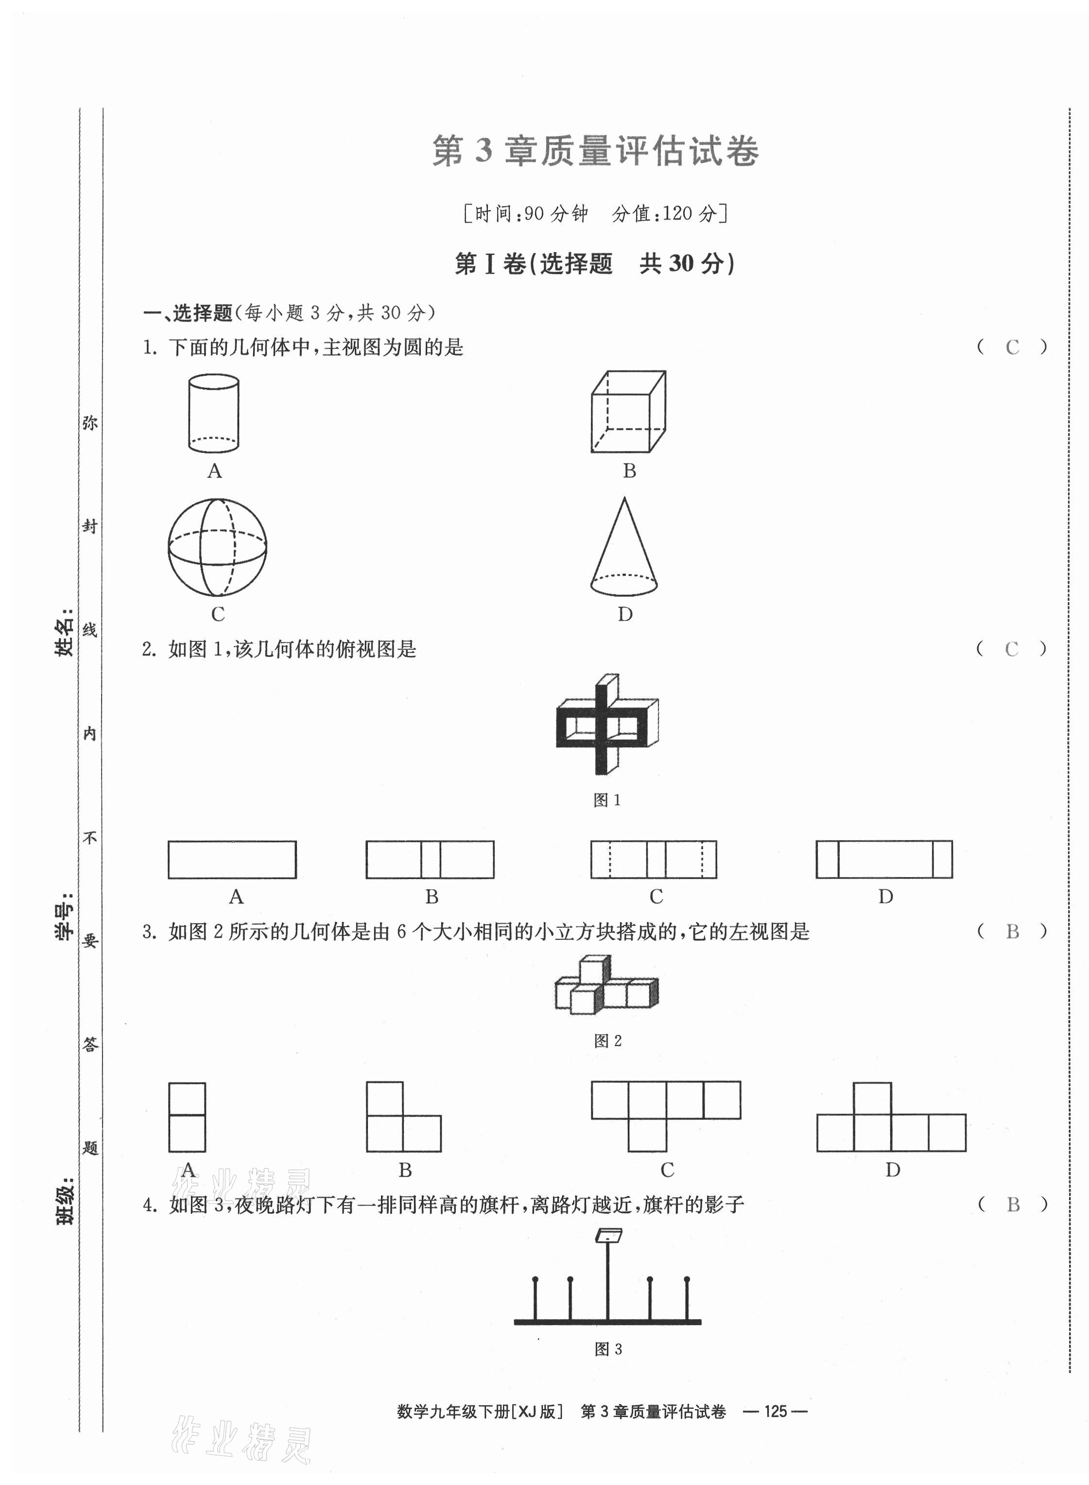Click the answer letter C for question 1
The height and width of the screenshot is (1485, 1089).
1012,347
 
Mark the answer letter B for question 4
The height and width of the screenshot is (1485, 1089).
1013,1205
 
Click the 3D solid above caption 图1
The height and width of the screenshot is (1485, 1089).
607,724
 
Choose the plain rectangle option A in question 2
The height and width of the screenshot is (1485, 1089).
232,860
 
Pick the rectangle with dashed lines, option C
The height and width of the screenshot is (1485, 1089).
653,860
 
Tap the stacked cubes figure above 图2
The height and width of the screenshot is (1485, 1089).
606,984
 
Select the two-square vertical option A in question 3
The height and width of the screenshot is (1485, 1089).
187,1117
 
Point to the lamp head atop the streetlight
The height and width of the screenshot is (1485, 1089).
608,1235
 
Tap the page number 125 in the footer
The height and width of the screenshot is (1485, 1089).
775,1411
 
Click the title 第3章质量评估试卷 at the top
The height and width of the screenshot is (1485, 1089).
595,151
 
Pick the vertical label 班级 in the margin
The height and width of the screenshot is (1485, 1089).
65,1202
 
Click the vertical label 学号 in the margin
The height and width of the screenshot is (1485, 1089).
64,917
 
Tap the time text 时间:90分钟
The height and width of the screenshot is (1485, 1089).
531,213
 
